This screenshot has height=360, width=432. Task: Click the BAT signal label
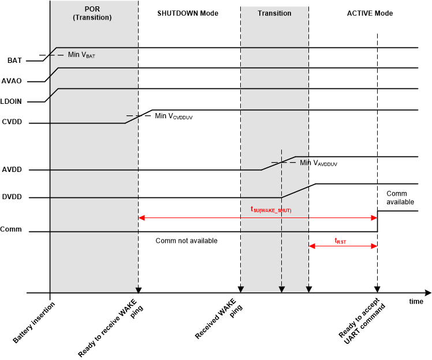[x=14, y=60]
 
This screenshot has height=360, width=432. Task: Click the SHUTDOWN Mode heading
[x=188, y=13]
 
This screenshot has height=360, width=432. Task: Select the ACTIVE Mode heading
[x=369, y=13]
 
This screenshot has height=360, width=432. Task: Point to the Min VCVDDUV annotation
[x=173, y=116]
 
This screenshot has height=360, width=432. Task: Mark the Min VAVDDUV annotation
[x=318, y=163]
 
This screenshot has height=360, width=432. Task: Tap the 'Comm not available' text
[x=187, y=241]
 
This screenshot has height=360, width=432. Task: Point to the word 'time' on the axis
[x=416, y=302]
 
